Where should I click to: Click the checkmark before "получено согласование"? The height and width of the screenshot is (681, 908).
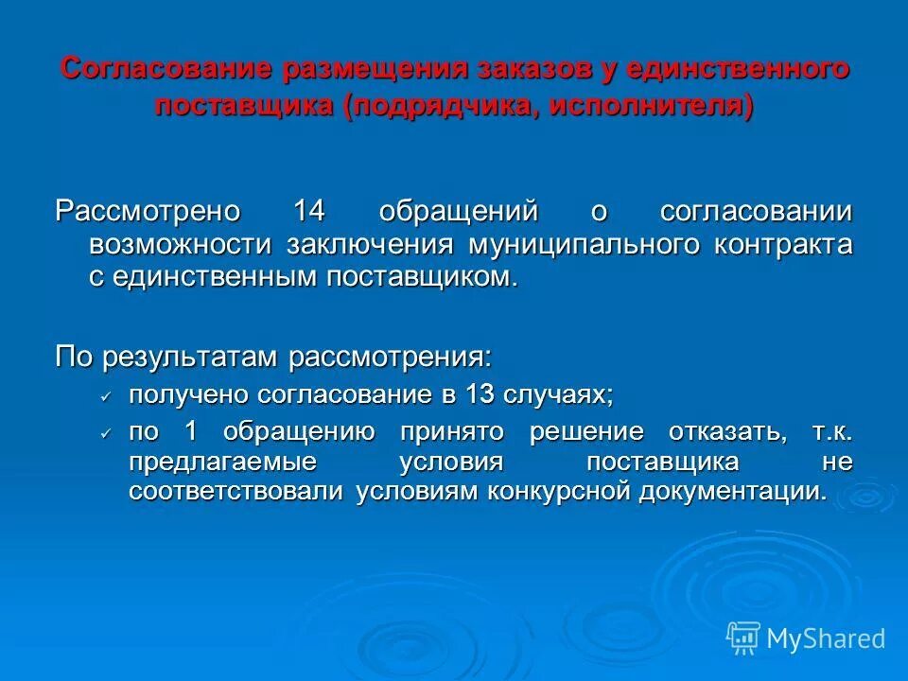point(107,395)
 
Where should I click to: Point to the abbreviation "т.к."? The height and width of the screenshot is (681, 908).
point(831,432)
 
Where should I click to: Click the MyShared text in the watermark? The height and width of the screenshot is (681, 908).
point(826,638)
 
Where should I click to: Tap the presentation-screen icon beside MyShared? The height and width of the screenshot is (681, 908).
point(743,638)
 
